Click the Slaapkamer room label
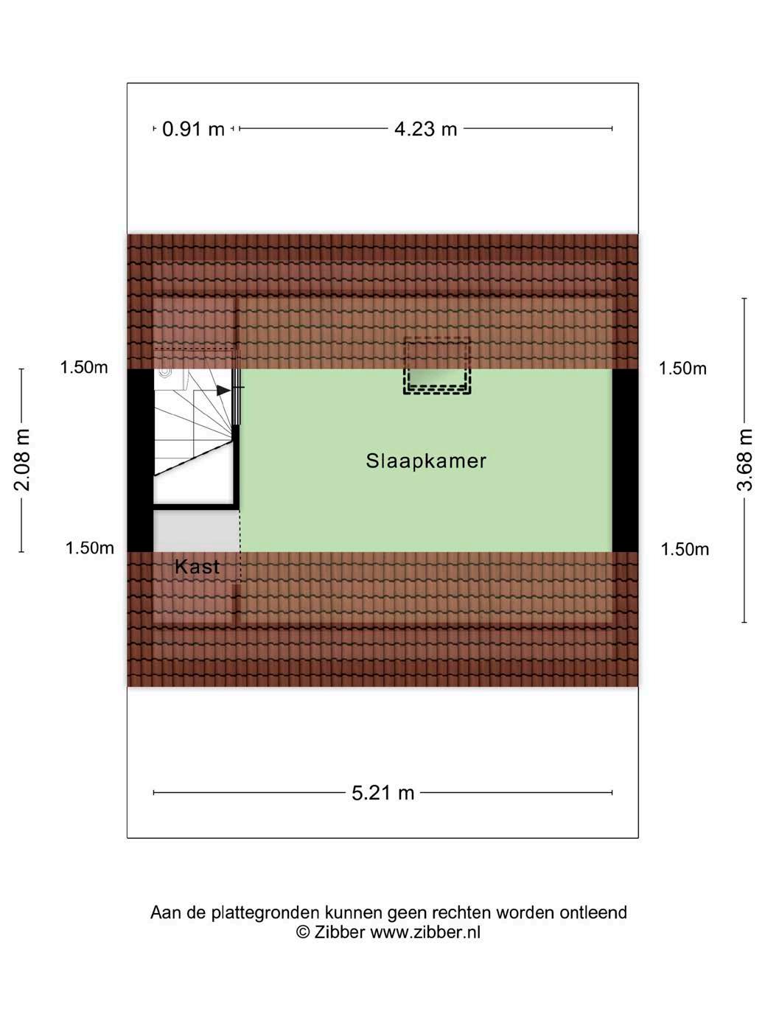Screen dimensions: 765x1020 [426, 461]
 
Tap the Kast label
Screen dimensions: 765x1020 [197, 567]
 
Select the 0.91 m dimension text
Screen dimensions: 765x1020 [193, 129]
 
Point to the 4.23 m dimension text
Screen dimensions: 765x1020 [425, 129]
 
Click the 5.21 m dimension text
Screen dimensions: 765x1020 [382, 793]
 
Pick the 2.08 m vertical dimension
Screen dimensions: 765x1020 [22, 460]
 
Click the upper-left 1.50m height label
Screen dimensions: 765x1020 [84, 367]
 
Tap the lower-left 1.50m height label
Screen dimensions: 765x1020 [89, 548]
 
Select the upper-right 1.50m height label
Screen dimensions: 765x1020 [682, 368]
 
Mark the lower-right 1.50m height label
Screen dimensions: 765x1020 [685, 549]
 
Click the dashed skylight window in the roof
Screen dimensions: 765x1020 [436, 366]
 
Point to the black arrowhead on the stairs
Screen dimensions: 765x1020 [223, 390]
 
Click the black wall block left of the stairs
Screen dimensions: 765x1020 [140, 460]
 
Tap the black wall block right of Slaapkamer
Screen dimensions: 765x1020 [625, 460]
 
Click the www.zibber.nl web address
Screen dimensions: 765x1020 [425, 932]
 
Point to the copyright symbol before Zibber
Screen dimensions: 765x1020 [302, 932]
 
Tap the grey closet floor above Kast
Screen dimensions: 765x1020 [195, 529]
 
